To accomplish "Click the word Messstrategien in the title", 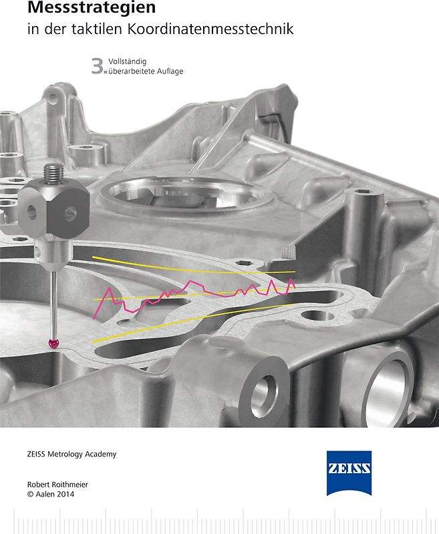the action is click(92, 7).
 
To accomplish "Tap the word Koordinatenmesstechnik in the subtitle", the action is click(210, 29).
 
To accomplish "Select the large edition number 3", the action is click(98, 66).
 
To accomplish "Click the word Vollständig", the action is click(128, 62).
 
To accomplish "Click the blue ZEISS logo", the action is click(349, 473).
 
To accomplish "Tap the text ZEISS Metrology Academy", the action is click(71, 454).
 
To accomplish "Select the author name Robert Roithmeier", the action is click(57, 485).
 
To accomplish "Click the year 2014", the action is click(63, 494).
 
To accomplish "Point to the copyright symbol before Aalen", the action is click(30, 494).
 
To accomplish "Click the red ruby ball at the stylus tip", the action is click(53, 343).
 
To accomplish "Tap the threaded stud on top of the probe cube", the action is click(53, 174).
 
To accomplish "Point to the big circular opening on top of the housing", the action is click(186, 194).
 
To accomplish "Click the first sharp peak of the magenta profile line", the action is click(109, 288).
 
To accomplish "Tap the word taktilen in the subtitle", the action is click(97, 29).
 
